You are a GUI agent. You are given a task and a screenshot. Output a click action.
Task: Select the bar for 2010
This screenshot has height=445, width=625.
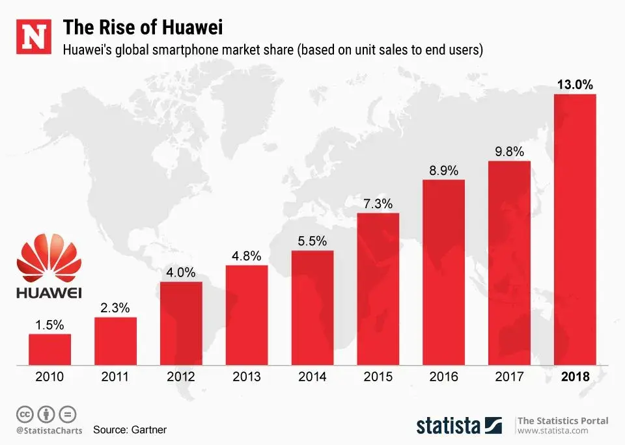click(49, 349)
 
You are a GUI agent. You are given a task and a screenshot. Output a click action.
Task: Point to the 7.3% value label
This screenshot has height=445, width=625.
click(378, 204)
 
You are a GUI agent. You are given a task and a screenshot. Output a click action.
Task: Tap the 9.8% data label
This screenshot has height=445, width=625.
click(509, 152)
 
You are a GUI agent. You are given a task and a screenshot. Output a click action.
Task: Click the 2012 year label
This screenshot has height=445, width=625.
click(181, 377)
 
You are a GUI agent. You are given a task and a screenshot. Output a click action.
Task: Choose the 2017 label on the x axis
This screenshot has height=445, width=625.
click(509, 377)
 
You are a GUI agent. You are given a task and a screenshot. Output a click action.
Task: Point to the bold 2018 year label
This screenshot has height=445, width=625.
click(575, 377)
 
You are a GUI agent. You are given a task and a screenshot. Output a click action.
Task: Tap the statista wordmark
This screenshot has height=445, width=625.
click(449, 426)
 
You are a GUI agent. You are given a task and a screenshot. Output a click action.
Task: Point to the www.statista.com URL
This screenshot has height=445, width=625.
click(553, 431)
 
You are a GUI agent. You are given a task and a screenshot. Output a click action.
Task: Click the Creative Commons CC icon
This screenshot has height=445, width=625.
click(25, 414)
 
